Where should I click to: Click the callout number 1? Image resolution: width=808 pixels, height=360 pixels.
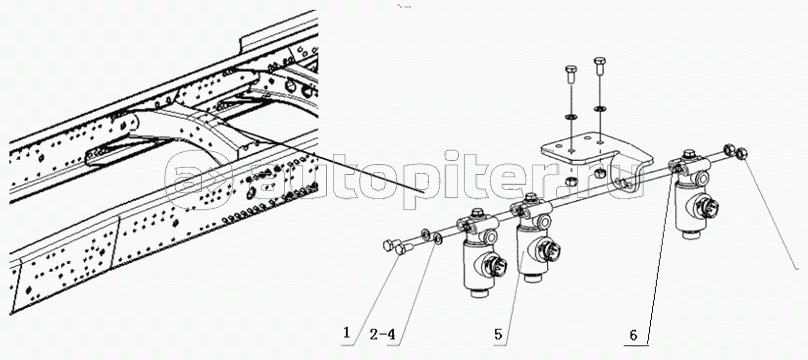(x=346, y=332)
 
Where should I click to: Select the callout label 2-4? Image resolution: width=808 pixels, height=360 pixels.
(x=382, y=334)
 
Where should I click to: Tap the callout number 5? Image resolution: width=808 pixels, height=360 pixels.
(x=498, y=334)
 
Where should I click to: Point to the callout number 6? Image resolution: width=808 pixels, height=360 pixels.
(x=633, y=335)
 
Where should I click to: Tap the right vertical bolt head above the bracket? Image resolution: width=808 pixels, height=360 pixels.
(x=599, y=61)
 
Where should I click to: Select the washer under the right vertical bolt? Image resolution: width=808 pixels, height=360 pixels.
(x=600, y=108)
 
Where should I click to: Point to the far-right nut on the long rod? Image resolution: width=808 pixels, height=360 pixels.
(x=741, y=154)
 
